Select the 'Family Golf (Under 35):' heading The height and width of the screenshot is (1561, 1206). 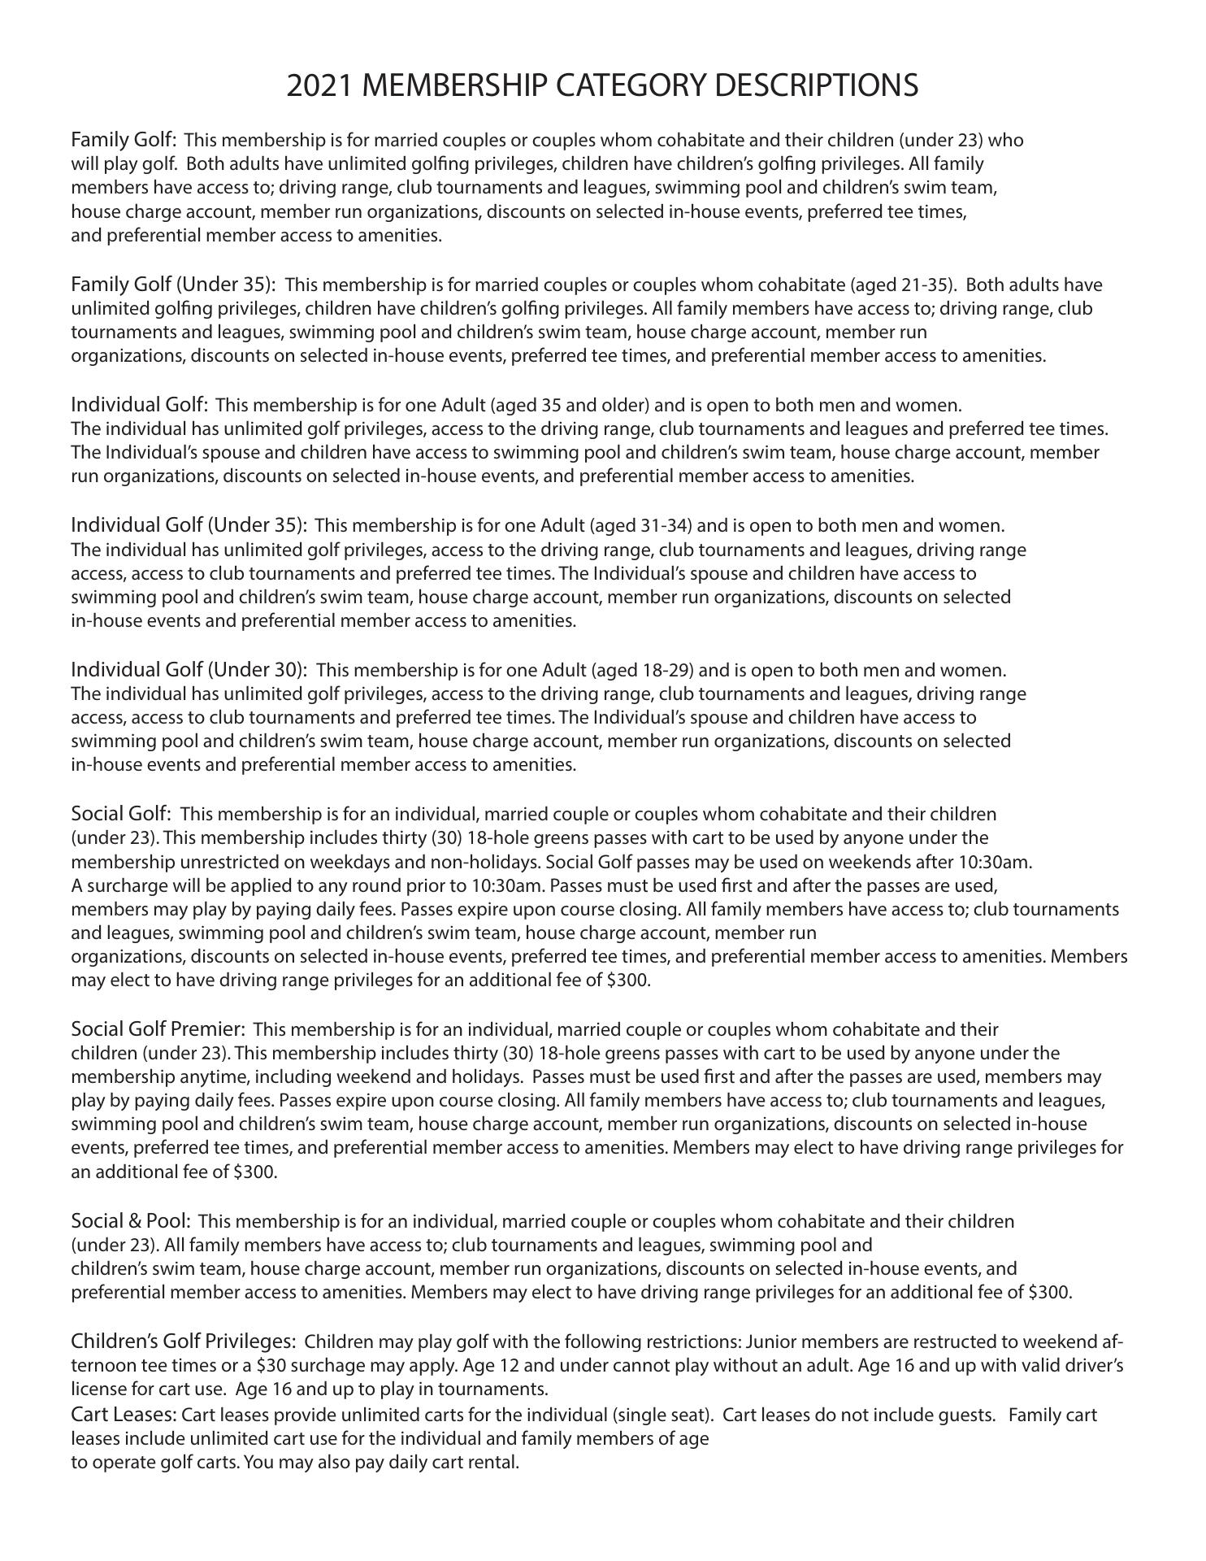(173, 285)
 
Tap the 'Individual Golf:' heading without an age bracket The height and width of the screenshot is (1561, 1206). (140, 404)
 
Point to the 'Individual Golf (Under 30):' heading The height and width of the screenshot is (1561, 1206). (189, 669)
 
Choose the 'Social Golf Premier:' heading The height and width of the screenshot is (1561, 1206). (158, 1028)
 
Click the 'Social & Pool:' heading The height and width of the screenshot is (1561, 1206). (131, 1220)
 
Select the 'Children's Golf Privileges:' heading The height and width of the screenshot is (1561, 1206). (183, 1340)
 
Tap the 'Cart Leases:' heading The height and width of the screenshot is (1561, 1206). (124, 1415)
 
